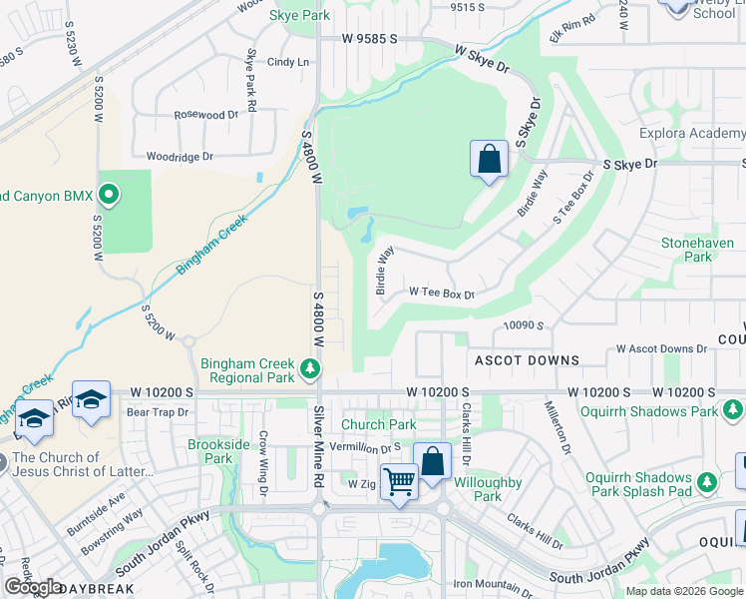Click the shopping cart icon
399,481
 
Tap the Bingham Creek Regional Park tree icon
310,371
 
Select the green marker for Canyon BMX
109,194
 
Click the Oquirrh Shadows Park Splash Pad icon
707,483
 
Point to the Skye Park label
299,16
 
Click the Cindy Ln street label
287,62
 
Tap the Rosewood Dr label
206,115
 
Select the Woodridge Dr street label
180,157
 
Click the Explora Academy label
692,134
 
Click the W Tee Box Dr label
442,294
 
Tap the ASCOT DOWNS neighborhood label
527,359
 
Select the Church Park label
379,424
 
